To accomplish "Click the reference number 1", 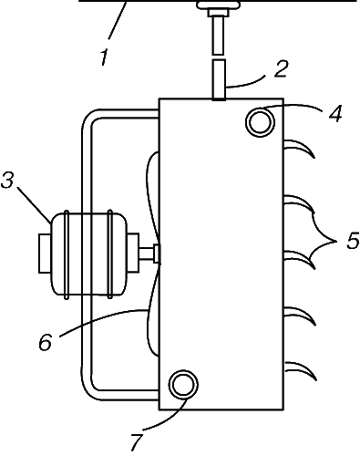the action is coord(104,57).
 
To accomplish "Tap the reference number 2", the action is coord(281,68).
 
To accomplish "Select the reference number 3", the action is coord(7,181).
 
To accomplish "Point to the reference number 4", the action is coord(335,114).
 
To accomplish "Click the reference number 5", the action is coord(353,241).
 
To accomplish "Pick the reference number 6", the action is coord(46,342).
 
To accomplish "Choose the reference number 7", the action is coord(137,442).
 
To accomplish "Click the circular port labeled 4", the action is coord(260,122).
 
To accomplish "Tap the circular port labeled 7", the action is coord(183,385).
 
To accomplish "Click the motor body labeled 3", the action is coord(89,254).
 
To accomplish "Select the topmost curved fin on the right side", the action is coord(299,148).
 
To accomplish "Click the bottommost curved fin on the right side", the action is coord(300,370).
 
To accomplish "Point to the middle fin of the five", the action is coord(300,259).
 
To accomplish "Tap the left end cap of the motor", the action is coord(45,254).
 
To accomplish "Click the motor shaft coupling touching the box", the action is coord(157,254).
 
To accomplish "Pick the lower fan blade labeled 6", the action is coord(153,307).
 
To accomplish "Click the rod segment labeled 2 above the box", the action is coord(219,79).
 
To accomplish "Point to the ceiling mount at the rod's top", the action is coord(219,5).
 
